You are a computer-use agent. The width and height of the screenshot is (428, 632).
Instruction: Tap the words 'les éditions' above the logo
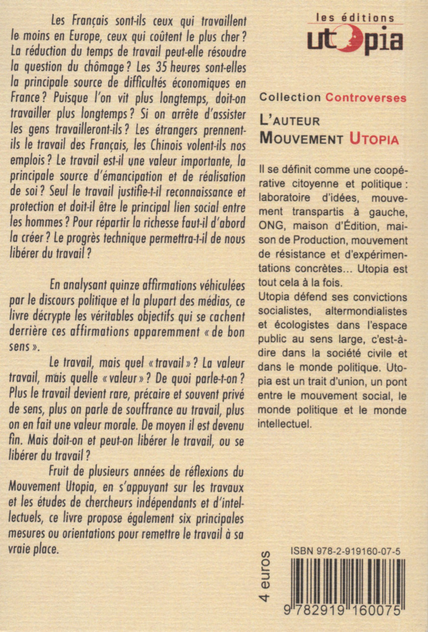click(355, 17)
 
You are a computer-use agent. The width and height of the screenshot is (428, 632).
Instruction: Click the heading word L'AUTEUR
click(290, 121)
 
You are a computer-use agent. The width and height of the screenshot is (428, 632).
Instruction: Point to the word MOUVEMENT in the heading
click(302, 138)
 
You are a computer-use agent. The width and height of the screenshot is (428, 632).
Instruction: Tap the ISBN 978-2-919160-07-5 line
click(345, 553)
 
